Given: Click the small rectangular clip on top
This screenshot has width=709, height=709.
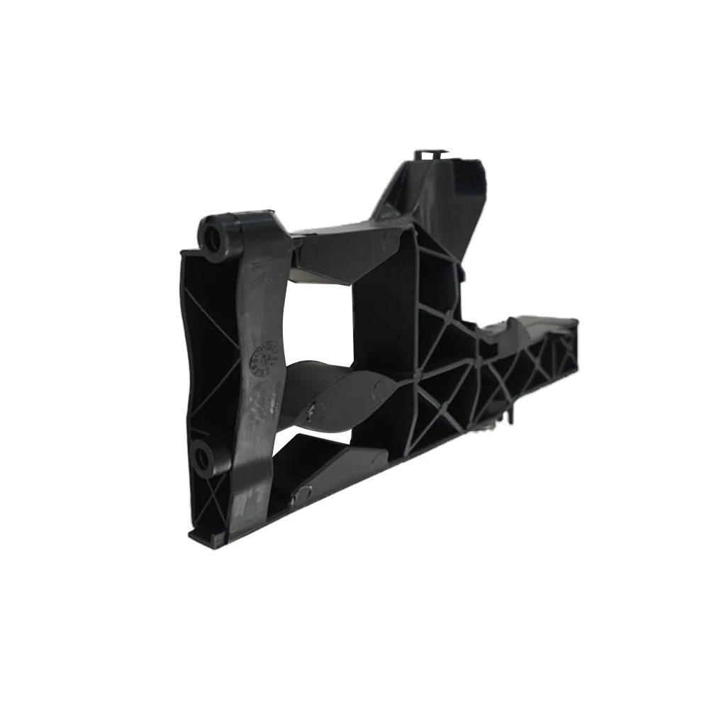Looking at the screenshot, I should click(x=429, y=153).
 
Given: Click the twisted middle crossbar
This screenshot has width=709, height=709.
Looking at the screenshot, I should click(x=340, y=390).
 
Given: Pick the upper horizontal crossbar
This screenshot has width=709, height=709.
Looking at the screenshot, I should click(x=347, y=248).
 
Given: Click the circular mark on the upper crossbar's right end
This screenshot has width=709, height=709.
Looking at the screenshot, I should click(x=389, y=242).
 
